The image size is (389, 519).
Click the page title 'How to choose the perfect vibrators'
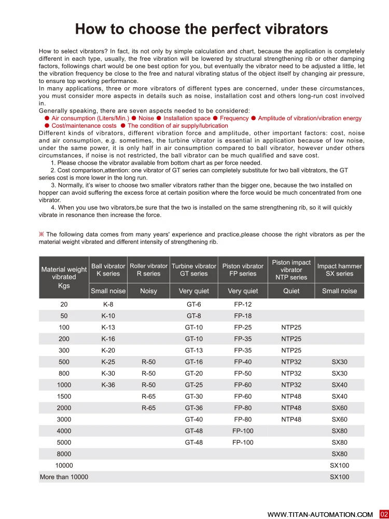coord(201,29)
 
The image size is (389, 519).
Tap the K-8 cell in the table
coord(108,305)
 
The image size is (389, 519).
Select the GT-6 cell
coord(193,305)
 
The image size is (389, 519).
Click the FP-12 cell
coord(243,305)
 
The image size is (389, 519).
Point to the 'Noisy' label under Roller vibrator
coord(148,291)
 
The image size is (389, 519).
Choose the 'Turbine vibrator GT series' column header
coord(193,270)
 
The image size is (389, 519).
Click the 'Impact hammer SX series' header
coord(339,270)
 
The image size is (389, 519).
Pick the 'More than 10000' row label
coord(64,477)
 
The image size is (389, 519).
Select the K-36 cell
coord(108,385)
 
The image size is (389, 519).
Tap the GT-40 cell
coord(193,419)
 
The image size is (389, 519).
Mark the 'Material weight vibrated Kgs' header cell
coord(64,277)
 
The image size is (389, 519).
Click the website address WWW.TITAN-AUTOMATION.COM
coord(320,514)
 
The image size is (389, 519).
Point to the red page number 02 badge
coord(384,514)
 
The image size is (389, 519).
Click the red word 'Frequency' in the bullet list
coord(234,118)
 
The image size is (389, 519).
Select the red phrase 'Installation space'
coord(187,118)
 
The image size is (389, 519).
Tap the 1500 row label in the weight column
coord(64,397)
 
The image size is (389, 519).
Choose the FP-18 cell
coord(243,316)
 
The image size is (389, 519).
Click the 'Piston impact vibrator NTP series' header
coord(291,270)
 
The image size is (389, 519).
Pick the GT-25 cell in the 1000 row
coord(193,385)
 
